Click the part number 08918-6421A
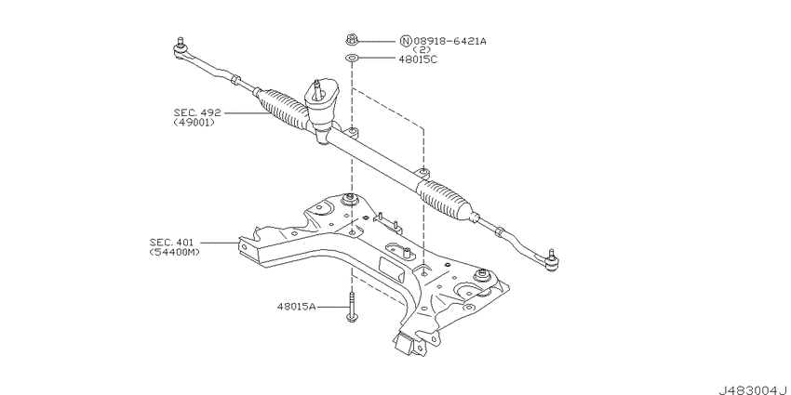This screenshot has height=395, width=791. (449, 41)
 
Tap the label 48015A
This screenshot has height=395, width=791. (298, 305)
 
